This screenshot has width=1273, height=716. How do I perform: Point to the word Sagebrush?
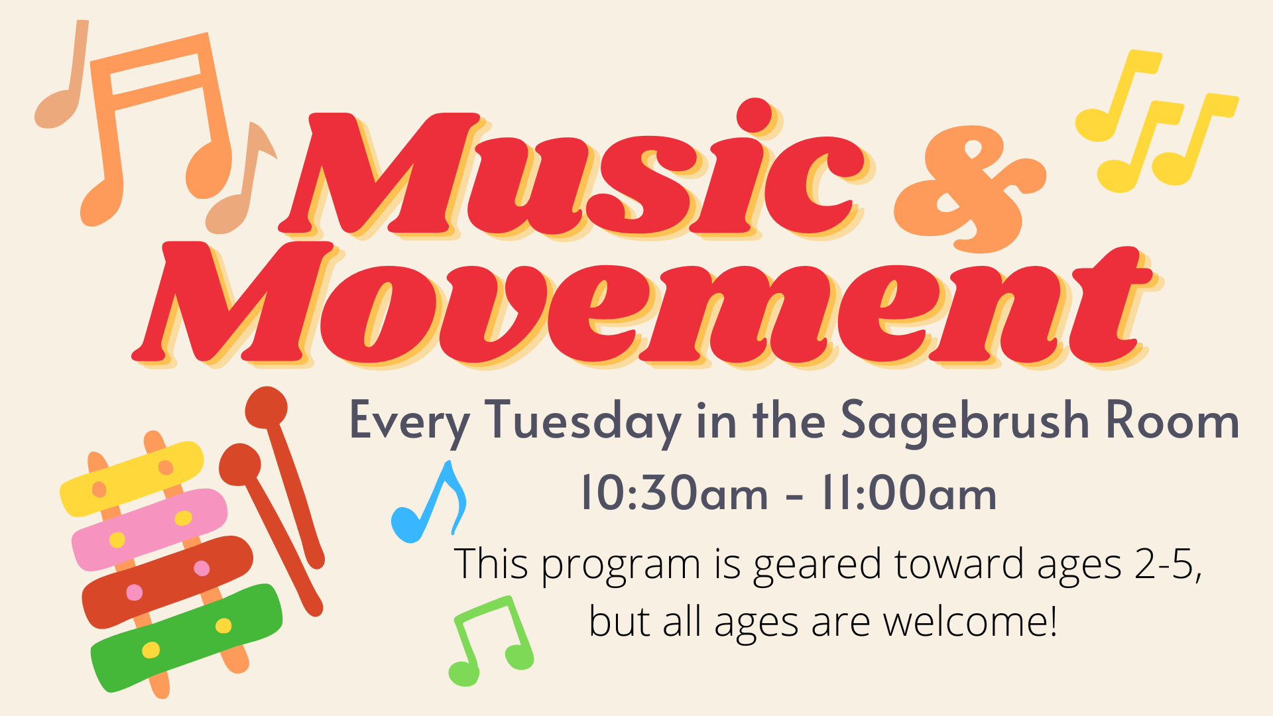pyautogui.click(x=965, y=422)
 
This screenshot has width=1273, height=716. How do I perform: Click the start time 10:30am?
pyautogui.click(x=674, y=493)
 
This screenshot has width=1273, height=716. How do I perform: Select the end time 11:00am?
pyautogui.click(x=909, y=493)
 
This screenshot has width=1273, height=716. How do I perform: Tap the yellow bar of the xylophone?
pyautogui.click(x=132, y=478)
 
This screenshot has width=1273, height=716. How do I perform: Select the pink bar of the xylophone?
pyautogui.click(x=150, y=529)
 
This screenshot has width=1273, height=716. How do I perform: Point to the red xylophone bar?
pyautogui.click(x=168, y=581)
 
